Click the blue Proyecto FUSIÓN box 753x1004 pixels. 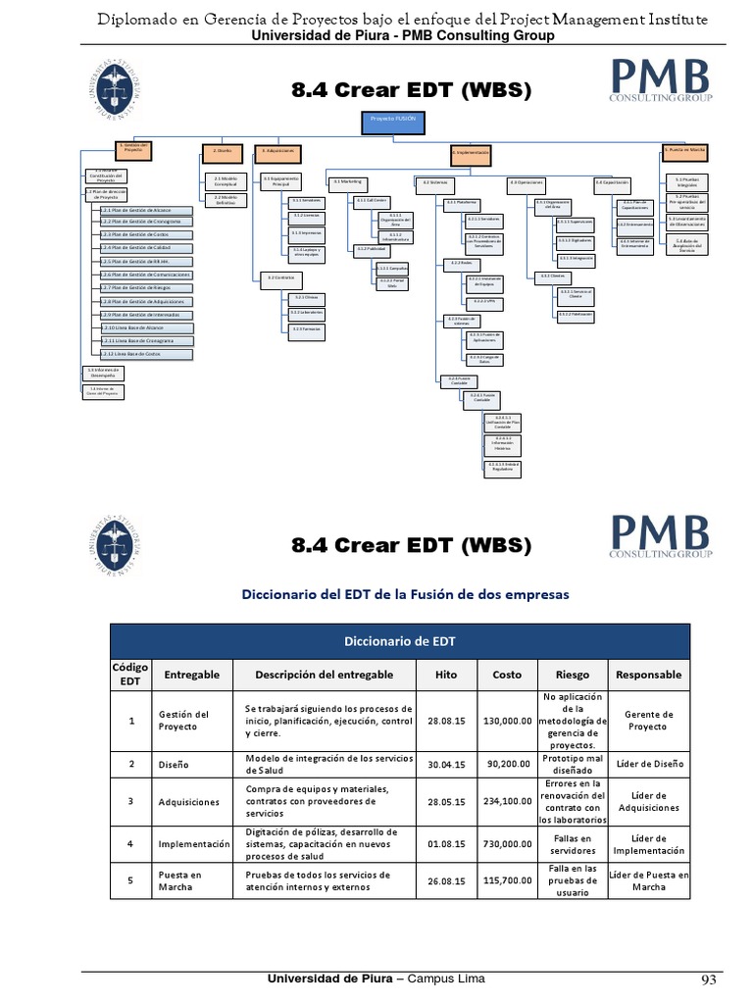coord(385,124)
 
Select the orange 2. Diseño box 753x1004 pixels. coord(223,151)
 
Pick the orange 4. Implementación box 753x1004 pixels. coord(470,154)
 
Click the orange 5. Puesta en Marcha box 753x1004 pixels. coord(685,150)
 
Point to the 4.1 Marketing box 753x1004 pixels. coord(348,181)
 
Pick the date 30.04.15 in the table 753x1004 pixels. coord(445,763)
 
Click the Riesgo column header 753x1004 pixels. coord(573,675)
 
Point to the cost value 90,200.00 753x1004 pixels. coord(507,763)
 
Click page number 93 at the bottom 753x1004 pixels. coord(708,980)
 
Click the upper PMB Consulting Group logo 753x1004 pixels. coord(661,81)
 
